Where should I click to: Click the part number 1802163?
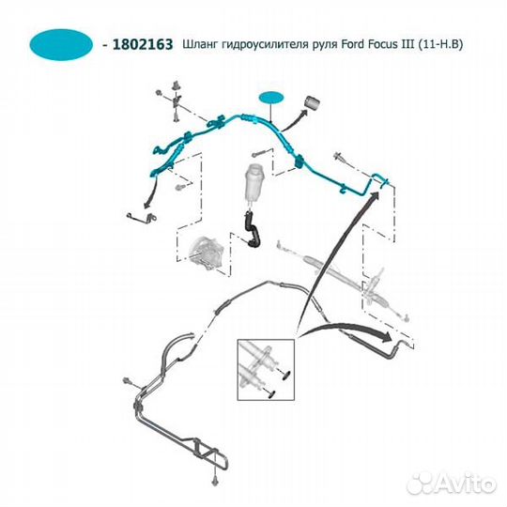pos(141,44)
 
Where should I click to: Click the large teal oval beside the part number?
pos(61,43)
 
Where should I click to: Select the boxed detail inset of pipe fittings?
pos(266,367)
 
